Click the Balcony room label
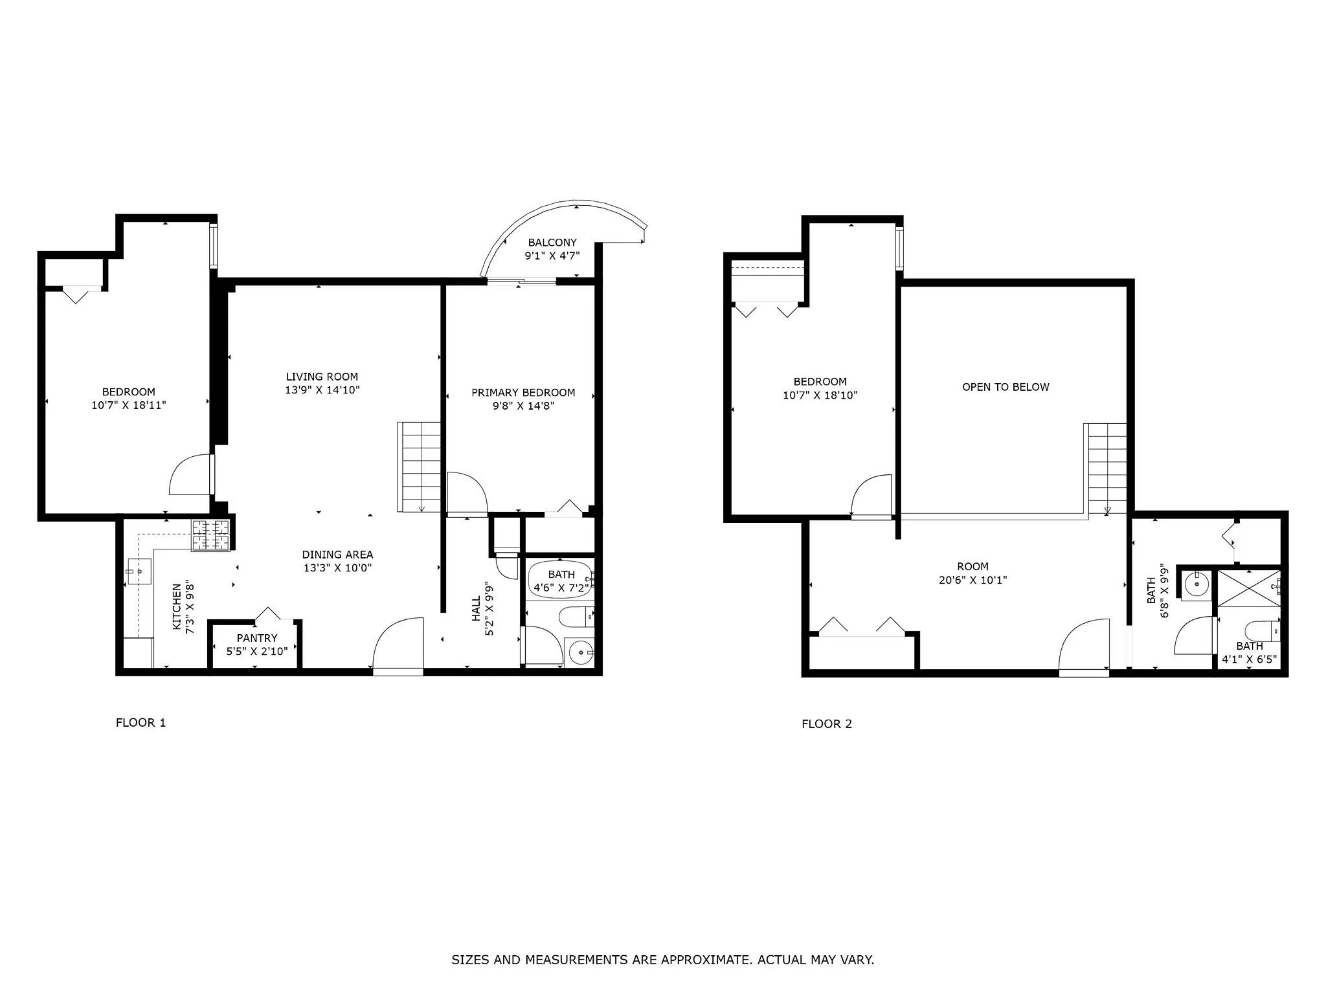click(552, 243)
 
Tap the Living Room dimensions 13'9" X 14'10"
click(322, 390)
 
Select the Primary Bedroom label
click(523, 393)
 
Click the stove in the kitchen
click(211, 536)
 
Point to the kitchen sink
click(139, 571)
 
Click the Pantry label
click(256, 638)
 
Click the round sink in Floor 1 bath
click(581, 652)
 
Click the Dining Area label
click(337, 555)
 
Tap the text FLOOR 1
click(140, 723)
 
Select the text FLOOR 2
click(826, 724)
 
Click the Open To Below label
click(1005, 387)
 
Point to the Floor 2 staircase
click(1107, 467)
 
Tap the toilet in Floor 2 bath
click(1262, 630)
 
